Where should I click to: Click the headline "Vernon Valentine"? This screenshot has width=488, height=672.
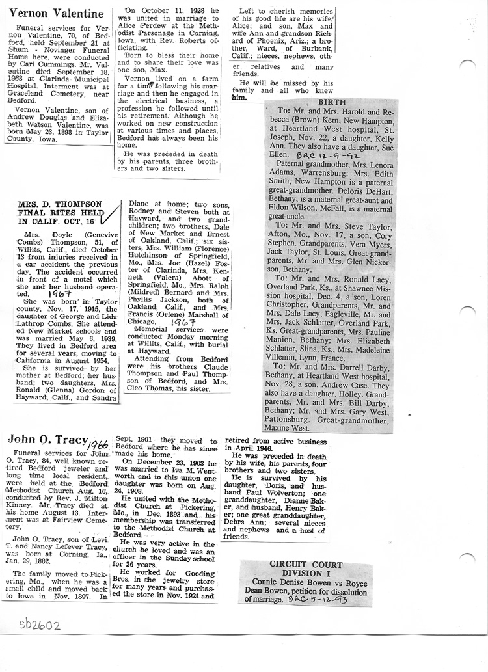point(57,13)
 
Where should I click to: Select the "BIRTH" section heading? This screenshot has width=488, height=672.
point(331,103)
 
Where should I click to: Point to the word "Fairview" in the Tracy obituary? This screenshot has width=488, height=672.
point(68,520)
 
